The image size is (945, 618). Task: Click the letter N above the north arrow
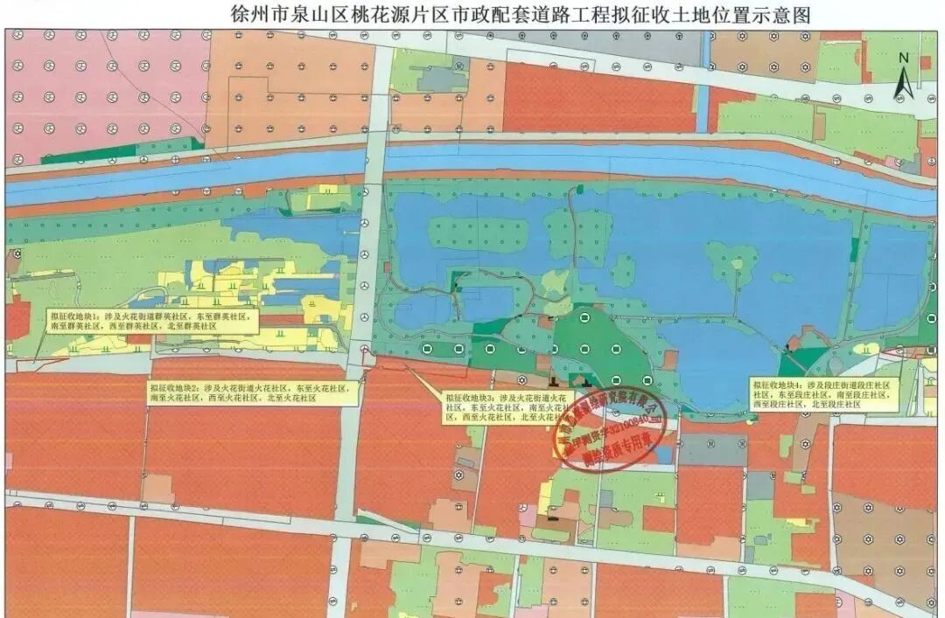(905, 59)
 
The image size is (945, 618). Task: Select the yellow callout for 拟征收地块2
(253, 392)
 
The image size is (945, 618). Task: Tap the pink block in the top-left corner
(105, 87)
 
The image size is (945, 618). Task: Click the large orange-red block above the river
(604, 98)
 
